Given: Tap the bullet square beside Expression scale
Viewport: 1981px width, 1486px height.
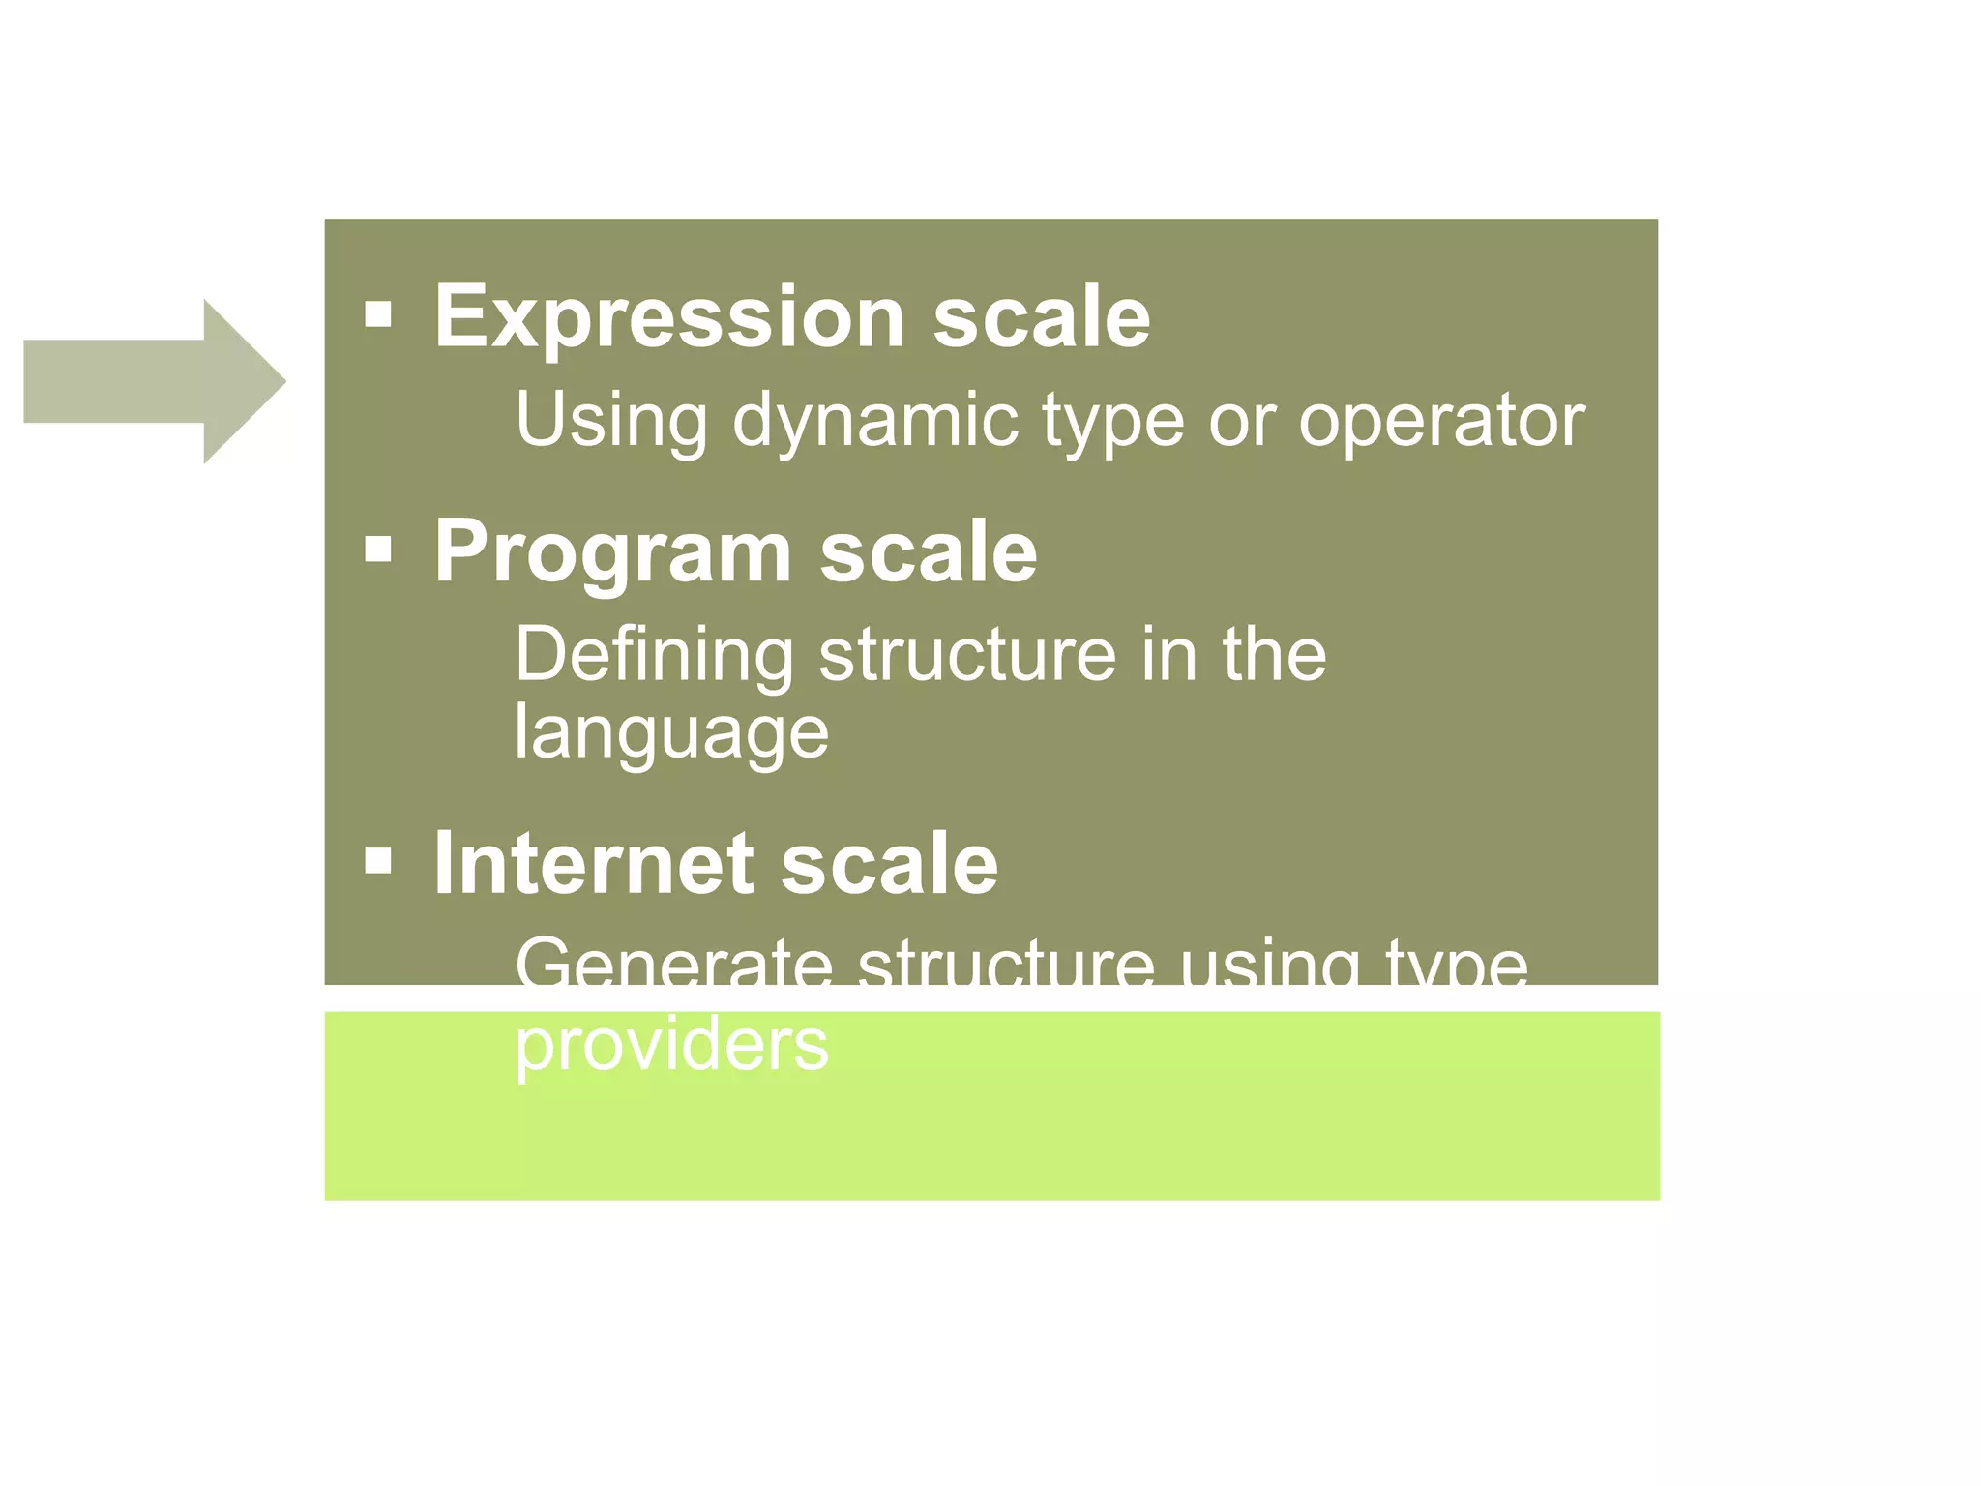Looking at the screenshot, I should point(378,314).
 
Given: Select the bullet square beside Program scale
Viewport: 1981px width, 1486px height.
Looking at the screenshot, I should point(378,550).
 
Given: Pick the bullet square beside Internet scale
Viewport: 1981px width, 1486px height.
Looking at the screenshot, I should point(378,860).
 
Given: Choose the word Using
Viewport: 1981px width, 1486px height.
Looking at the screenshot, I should point(611,422).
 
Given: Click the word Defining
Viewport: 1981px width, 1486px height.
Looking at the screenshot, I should point(654,656).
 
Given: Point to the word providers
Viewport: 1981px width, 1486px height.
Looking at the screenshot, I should point(671,1045).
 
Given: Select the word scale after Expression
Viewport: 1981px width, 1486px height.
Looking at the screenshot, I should point(1042,317).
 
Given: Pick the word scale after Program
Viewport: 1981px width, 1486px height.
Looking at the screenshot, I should point(929,552).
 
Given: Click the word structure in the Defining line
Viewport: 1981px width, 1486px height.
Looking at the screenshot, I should point(967,655).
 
